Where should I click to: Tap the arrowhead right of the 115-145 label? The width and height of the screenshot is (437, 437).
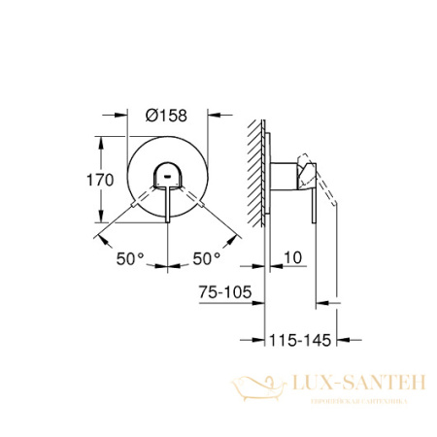333,343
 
